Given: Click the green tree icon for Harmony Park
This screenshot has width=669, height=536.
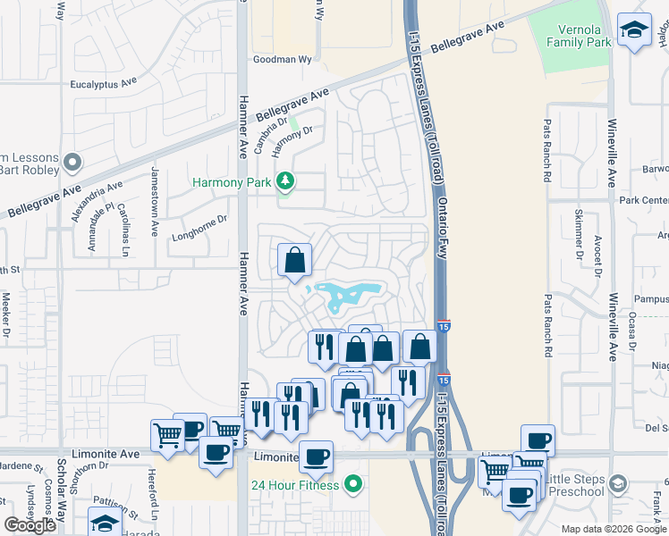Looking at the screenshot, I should (285, 182).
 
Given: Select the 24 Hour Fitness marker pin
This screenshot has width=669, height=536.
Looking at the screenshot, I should (354, 485).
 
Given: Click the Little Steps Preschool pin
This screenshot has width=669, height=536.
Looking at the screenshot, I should (615, 483).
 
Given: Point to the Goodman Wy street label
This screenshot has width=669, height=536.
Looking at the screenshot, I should (282, 62).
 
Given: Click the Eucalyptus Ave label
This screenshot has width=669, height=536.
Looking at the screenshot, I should (103, 82).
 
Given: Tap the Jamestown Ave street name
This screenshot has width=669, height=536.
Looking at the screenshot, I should (154, 200).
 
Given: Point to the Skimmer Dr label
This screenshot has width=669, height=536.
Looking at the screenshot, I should (578, 232).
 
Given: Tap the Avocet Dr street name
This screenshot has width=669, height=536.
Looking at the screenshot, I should (597, 256).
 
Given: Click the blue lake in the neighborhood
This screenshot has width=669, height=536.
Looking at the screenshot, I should (349, 293).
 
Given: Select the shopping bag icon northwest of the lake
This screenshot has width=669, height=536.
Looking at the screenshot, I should (294, 260).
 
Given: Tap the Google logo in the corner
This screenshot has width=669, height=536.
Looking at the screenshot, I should (30, 524).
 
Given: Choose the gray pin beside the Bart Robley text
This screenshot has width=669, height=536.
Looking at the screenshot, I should (72, 163).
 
